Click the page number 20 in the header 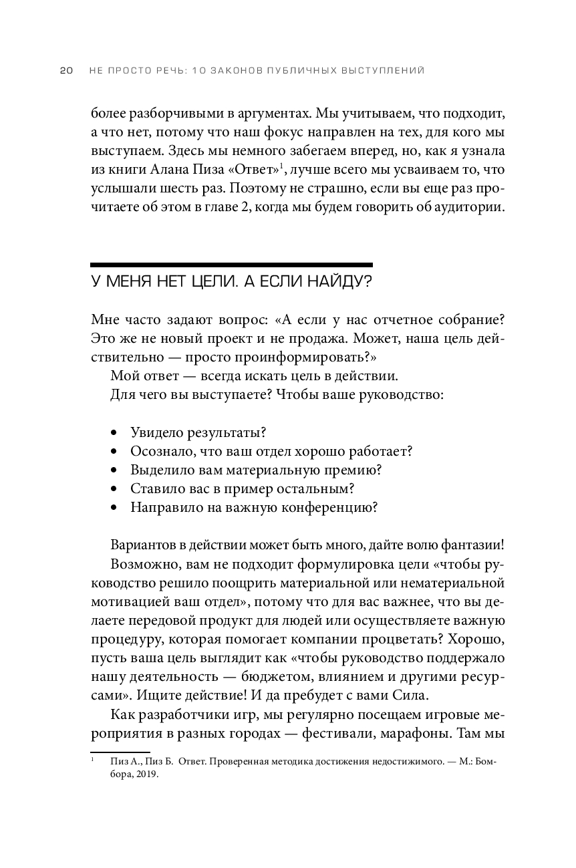point(66,71)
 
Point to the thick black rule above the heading point(231,265)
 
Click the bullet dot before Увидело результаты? point(115,432)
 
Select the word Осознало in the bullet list point(157,451)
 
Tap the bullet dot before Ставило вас point(115,488)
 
